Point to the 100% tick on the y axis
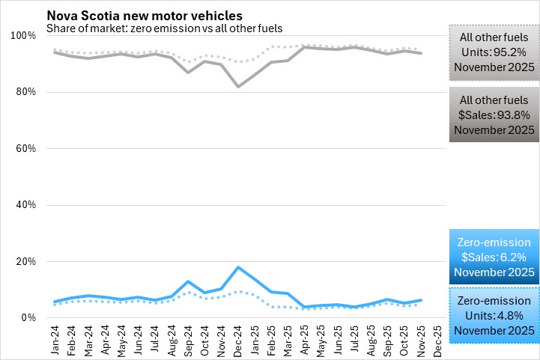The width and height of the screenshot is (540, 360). [x=23, y=36]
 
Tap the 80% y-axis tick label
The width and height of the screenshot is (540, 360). [x=25, y=92]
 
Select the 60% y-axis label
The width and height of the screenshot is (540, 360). [x=25, y=149]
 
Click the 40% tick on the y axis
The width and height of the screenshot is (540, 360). [x=25, y=205]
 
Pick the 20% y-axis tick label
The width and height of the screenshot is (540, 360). [x=25, y=262]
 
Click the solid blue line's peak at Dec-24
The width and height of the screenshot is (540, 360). [x=238, y=267]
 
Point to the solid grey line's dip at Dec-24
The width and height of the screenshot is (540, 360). [x=238, y=87]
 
